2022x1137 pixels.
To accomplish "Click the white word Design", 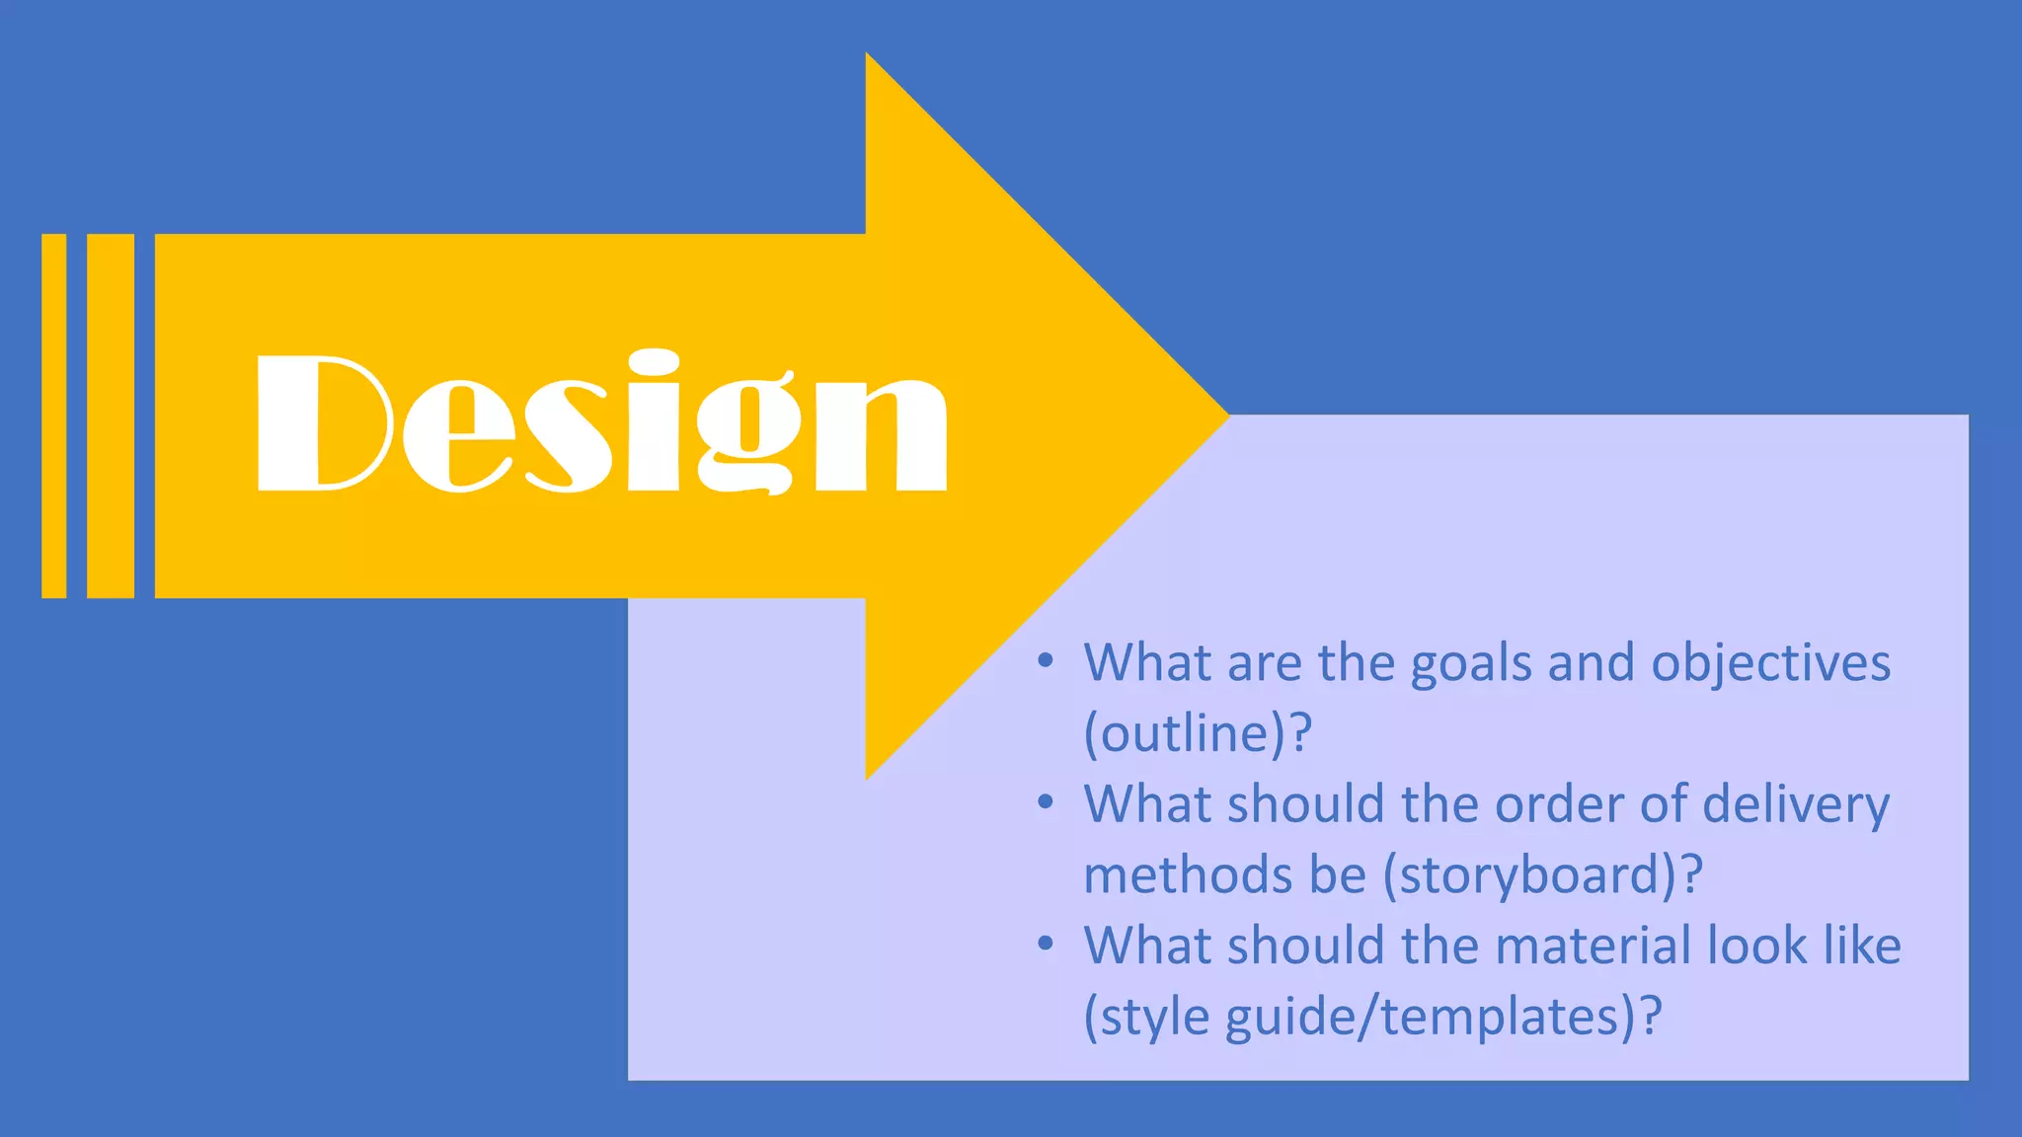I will (601, 422).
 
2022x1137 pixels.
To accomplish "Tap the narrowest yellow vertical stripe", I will (54, 416).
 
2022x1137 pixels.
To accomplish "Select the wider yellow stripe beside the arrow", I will (111, 416).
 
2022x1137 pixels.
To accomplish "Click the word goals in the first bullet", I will (1471, 663).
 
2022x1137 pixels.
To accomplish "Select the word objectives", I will (1771, 663).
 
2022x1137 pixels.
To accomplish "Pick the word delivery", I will (1796, 804).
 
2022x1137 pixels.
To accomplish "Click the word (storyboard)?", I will (1543, 875).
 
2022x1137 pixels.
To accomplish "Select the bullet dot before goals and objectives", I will (1046, 659).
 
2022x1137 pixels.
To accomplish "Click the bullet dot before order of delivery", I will (1046, 801).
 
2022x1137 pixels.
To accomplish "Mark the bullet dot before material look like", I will (1046, 943).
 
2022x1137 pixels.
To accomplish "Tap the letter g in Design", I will (745, 434).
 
